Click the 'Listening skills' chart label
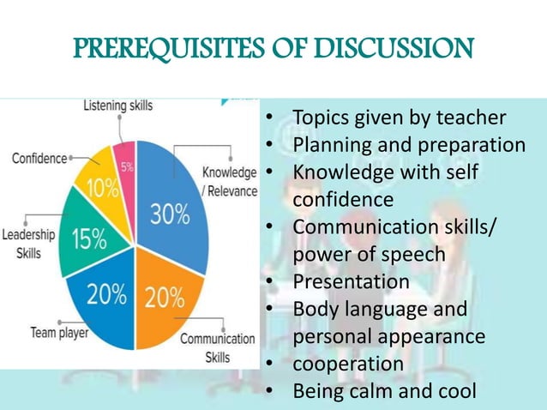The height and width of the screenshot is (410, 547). [118, 106]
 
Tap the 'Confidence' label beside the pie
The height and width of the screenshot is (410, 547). [39, 158]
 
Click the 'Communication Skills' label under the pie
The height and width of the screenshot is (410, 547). [217, 347]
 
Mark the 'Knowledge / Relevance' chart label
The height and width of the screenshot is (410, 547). [229, 181]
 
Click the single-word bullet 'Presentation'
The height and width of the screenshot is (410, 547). [351, 281]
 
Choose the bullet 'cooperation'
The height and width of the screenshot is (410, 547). [348, 364]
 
